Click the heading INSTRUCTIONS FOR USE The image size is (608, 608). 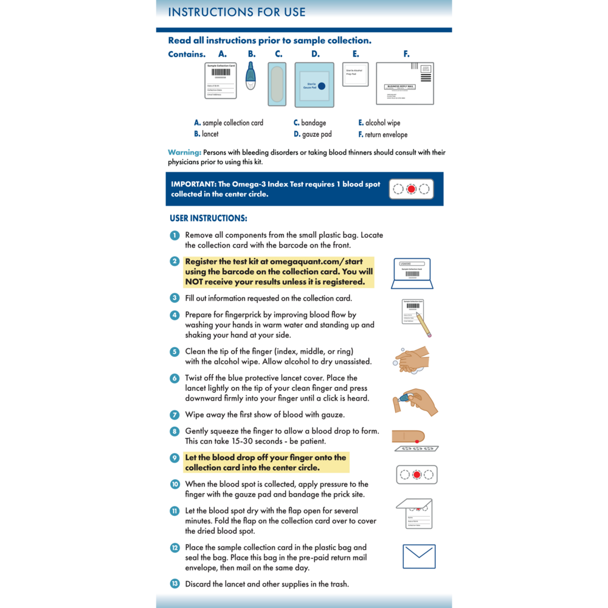pyautogui.click(x=237, y=12)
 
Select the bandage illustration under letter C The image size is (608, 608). pyautogui.click(x=277, y=84)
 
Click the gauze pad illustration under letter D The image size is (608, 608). pyautogui.click(x=314, y=84)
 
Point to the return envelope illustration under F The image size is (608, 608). pyautogui.click(x=405, y=83)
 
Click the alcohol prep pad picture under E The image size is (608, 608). pyautogui.click(x=355, y=74)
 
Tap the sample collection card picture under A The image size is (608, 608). pyautogui.click(x=220, y=80)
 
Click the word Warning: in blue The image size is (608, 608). pyautogui.click(x=184, y=153)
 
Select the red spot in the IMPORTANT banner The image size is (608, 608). pyautogui.click(x=411, y=189)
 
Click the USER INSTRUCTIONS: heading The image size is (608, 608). pyautogui.click(x=208, y=218)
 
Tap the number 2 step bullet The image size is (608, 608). pyautogui.click(x=174, y=261)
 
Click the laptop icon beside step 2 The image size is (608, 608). pyautogui.click(x=412, y=273)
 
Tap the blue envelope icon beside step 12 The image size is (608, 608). pyautogui.click(x=419, y=556)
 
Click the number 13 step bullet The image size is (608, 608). pyautogui.click(x=174, y=584)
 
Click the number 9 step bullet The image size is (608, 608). pyautogui.click(x=174, y=458)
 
